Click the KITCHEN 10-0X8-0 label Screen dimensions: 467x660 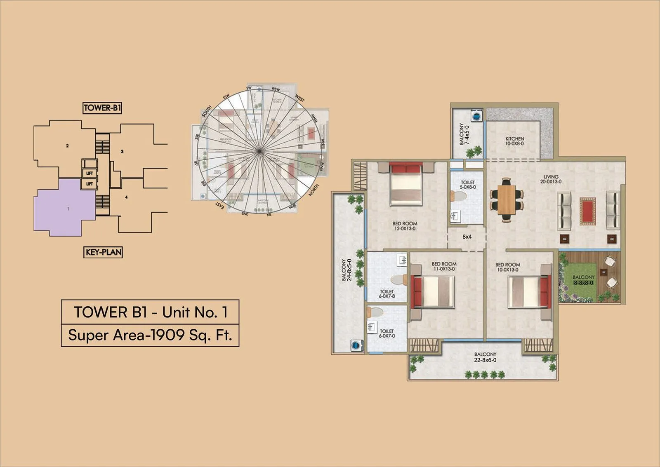[514, 141]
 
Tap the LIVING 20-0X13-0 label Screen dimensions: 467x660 [551, 179]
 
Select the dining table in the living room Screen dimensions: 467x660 [507, 199]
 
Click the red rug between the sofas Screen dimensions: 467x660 [588, 211]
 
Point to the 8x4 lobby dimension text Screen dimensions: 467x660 [467, 237]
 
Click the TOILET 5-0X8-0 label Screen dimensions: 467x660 [468, 184]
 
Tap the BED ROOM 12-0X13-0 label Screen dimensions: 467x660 [405, 226]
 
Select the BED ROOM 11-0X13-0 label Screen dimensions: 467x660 [444, 266]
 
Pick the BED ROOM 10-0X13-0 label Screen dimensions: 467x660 [507, 267]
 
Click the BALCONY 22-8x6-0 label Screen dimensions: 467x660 [485, 357]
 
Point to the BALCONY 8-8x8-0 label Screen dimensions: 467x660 [583, 280]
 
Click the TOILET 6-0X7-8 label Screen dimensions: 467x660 [387, 293]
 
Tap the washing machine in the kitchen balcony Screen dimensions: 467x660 [476, 116]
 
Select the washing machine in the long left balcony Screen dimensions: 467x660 [356, 345]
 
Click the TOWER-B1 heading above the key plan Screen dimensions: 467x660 [102, 108]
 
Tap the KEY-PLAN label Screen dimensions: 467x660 [103, 252]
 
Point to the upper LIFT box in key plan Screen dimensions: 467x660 [90, 174]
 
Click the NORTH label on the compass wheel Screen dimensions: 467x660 [313, 190]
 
